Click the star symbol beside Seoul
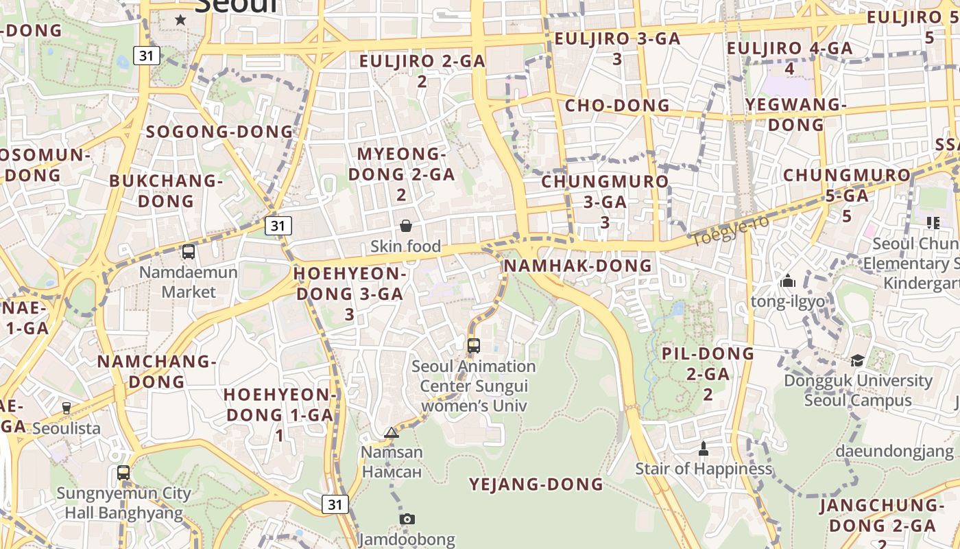click(180, 20)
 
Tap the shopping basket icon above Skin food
click(406, 225)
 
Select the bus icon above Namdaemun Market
click(189, 252)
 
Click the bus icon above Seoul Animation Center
click(473, 346)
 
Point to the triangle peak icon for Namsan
click(392, 432)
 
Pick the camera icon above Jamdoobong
click(407, 519)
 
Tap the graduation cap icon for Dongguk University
click(857, 360)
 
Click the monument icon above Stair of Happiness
click(703, 449)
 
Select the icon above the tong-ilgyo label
click(787, 281)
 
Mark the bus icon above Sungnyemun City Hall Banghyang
click(123, 473)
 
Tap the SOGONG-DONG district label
click(219, 132)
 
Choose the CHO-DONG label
click(617, 106)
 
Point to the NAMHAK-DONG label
click(578, 266)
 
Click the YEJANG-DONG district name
click(536, 484)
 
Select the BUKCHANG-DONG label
click(166, 191)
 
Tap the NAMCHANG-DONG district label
click(157, 371)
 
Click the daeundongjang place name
click(894, 452)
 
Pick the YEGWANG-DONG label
click(795, 115)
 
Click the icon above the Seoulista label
click(67, 408)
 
